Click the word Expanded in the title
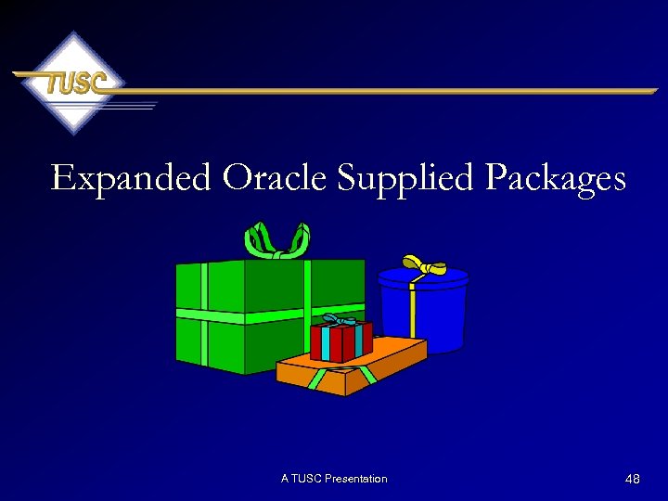(132, 177)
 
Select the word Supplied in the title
(409, 177)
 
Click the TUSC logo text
(72, 83)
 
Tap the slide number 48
(633, 479)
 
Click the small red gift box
(340, 341)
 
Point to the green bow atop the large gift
(276, 240)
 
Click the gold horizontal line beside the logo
(390, 91)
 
